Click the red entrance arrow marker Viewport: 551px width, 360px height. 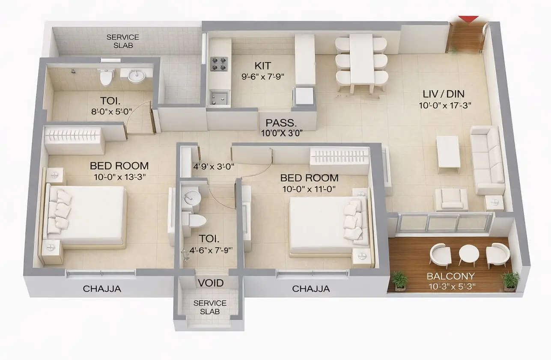(468, 19)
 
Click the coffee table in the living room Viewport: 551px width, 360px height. (448, 152)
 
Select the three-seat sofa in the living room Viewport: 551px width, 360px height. (488, 160)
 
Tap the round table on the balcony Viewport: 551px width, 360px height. (469, 255)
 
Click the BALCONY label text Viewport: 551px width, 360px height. (444, 276)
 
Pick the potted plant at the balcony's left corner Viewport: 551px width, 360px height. (400, 280)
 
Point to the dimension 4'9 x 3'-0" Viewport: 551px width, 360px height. (214, 166)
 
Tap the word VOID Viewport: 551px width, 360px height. (210, 283)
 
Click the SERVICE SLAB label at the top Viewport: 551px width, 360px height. (122, 41)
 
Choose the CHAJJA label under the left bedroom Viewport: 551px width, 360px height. (102, 289)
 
